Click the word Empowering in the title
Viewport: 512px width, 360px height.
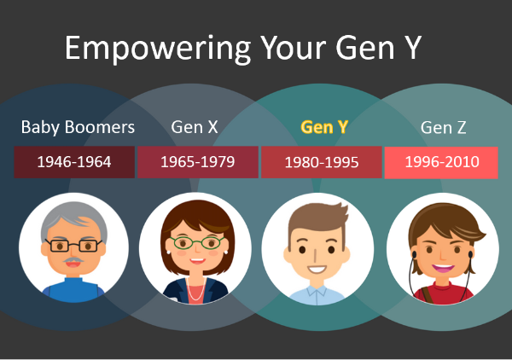[158, 49]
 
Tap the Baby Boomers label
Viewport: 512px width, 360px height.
[78, 127]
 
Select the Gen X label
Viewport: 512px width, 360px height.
[195, 127]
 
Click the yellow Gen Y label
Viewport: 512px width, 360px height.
[324, 127]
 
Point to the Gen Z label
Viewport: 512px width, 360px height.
[443, 127]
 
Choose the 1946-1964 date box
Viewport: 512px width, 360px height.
[74, 162]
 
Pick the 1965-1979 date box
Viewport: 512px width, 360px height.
[198, 162]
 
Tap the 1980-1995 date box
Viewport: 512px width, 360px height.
[322, 162]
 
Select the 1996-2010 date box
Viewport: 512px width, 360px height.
[441, 162]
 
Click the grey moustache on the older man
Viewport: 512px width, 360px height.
[73, 260]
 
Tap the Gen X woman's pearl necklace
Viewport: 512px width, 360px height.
[196, 289]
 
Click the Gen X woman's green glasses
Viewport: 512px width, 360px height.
[196, 242]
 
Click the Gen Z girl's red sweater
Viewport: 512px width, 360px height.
[443, 293]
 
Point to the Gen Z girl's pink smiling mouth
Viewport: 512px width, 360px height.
[443, 268]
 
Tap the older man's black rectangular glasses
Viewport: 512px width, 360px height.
[73, 245]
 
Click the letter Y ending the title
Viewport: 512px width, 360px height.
[411, 48]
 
